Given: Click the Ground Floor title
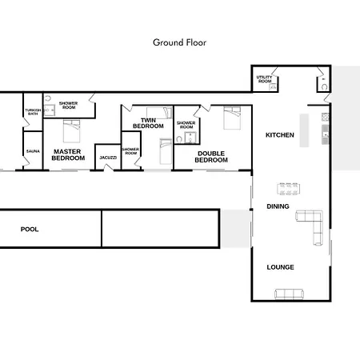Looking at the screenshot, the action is tap(179, 42).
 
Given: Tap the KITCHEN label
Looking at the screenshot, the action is tap(280, 135).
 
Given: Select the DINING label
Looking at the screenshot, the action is tap(278, 206).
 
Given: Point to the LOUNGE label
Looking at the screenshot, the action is tap(280, 267).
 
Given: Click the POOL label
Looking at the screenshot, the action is tap(30, 230).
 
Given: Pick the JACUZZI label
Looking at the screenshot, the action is tap(108, 158).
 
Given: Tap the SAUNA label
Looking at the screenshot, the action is tap(33, 151).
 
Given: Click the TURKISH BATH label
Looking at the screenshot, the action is tap(33, 112).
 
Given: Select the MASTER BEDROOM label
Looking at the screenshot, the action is tap(68, 154).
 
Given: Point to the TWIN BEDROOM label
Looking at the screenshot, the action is tap(148, 123).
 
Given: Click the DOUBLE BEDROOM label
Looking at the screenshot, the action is tap(211, 157).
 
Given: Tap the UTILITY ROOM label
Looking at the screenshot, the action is tap(265, 79).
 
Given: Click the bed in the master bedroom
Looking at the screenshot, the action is tap(71, 131).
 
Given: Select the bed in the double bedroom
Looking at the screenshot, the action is tap(232, 118).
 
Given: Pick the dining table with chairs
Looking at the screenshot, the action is tap(289, 189).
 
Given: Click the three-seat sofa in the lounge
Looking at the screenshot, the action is tap(289, 294).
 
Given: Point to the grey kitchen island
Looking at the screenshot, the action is tap(304, 130).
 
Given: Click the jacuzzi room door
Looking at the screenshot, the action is tap(109, 167).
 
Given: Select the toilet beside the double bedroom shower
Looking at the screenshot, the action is tap(179, 139).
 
